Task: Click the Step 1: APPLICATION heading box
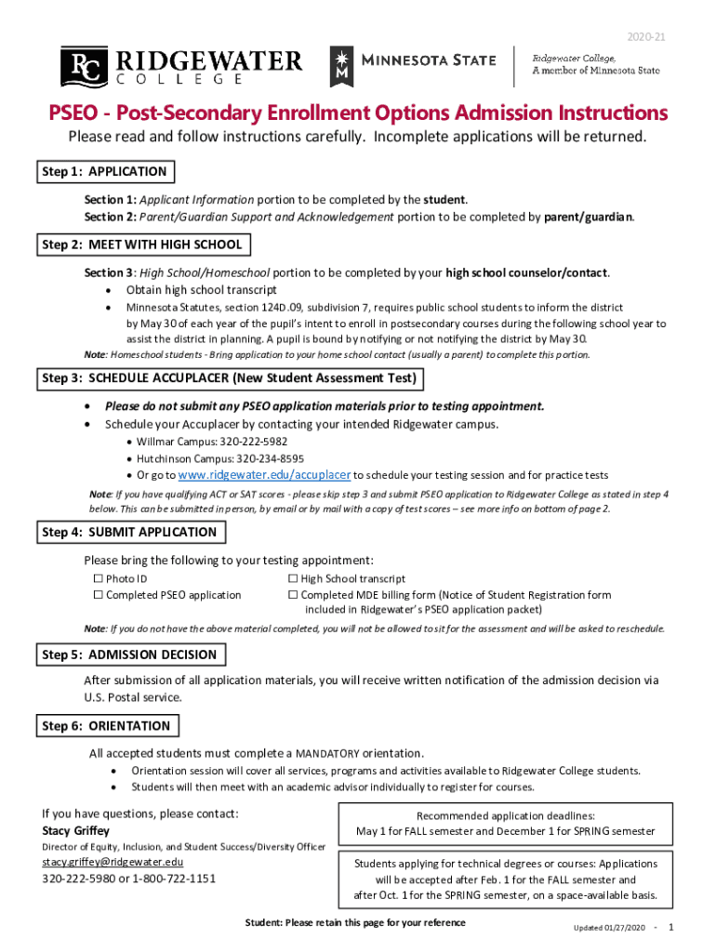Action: (x=105, y=172)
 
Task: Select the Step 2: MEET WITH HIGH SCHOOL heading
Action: (x=142, y=245)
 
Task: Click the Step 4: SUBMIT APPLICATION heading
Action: (x=131, y=533)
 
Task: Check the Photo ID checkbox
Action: (x=98, y=579)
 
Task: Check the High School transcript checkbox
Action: (x=293, y=579)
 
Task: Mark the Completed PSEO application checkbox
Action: (x=98, y=595)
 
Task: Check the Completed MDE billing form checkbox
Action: (x=293, y=595)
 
